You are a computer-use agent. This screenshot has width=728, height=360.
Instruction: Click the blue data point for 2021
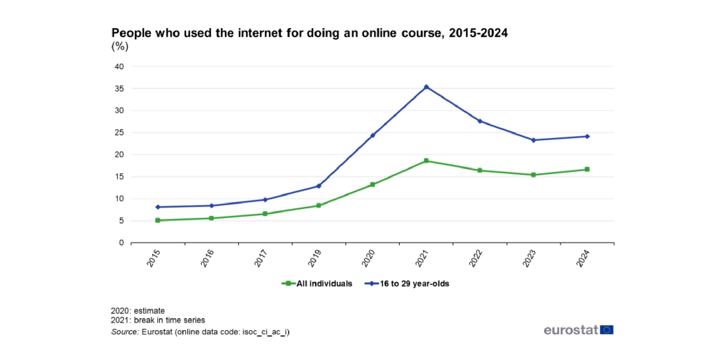426,87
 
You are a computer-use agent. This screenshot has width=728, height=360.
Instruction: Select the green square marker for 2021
426,161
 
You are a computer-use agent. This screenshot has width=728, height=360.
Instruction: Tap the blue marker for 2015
158,207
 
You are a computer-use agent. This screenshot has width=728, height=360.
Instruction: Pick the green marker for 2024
587,170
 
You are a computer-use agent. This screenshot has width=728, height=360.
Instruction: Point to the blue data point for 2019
319,186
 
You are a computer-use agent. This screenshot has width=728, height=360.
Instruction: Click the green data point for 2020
373,185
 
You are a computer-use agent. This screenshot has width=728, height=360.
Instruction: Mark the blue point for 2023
533,140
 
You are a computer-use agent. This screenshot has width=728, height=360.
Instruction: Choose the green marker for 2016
212,219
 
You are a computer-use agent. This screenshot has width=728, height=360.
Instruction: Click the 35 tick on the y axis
119,89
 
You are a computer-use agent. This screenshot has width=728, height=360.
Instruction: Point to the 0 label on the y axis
121,243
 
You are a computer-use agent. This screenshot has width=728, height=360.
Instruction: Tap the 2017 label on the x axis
261,258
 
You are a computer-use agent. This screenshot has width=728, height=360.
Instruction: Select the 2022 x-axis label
475,258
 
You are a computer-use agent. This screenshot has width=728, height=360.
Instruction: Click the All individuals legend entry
324,284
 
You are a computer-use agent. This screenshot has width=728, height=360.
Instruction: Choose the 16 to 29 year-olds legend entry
414,284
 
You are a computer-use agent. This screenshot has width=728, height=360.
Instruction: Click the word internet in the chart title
260,33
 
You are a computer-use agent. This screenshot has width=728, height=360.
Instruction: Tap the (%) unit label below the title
120,46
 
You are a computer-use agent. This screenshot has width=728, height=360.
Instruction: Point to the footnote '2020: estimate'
138,311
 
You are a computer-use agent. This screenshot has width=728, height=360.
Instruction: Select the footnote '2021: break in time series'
158,320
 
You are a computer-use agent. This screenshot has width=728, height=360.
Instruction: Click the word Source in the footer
125,332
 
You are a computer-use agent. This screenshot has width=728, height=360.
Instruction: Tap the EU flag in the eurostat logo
607,330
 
